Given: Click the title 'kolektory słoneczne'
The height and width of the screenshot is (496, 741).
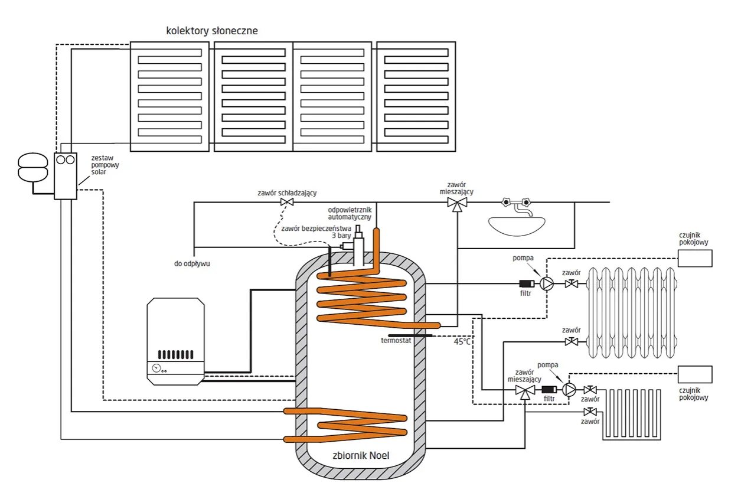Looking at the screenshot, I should click(x=212, y=31).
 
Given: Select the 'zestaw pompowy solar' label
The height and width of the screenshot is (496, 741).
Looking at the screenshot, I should click(x=105, y=165).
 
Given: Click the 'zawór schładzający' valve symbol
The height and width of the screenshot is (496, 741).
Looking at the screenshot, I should click(x=288, y=203).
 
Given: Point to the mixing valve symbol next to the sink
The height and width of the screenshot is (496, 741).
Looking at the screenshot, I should click(x=456, y=203).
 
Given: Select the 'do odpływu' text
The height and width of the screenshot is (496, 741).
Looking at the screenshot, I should click(x=192, y=264).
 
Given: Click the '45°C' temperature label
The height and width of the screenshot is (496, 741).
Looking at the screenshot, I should click(x=463, y=341).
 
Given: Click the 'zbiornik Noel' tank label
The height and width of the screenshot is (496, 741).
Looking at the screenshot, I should click(x=362, y=455).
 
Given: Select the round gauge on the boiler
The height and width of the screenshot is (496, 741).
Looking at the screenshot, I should click(x=155, y=368).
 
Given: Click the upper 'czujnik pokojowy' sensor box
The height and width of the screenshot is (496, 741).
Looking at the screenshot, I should click(x=694, y=258).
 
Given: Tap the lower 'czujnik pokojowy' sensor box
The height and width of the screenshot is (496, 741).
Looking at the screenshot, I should click(x=694, y=374).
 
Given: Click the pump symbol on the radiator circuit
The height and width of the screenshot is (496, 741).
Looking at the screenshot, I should click(x=547, y=284).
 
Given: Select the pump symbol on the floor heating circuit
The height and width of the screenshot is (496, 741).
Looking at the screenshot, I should click(x=569, y=390).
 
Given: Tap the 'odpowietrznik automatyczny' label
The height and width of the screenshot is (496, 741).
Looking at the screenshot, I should click(x=350, y=213).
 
